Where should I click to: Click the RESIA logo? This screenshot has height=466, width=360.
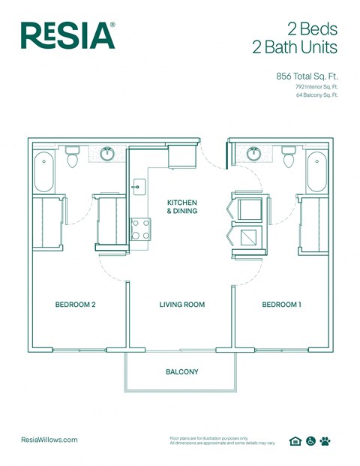tap(68, 35)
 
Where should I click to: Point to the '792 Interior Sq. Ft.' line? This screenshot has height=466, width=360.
tap(316, 87)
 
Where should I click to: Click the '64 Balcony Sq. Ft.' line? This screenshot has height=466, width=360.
tap(317, 96)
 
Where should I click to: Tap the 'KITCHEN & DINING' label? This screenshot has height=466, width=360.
tap(182, 207)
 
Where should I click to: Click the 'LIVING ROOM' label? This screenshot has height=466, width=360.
tap(181, 305)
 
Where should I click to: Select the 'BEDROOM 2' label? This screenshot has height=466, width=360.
tap(75, 305)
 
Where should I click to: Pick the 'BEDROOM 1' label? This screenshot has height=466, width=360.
tap(281, 305)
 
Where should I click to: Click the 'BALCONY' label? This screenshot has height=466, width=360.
tap(181, 371)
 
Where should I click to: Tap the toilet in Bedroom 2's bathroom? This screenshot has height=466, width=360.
tap(73, 158)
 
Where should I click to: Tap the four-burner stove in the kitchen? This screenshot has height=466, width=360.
tap(140, 229)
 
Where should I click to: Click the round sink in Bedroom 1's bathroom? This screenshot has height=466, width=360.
tap(254, 154)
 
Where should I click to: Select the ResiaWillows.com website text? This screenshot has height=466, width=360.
tap(49, 440)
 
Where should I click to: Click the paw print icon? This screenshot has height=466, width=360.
tap(325, 441)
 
